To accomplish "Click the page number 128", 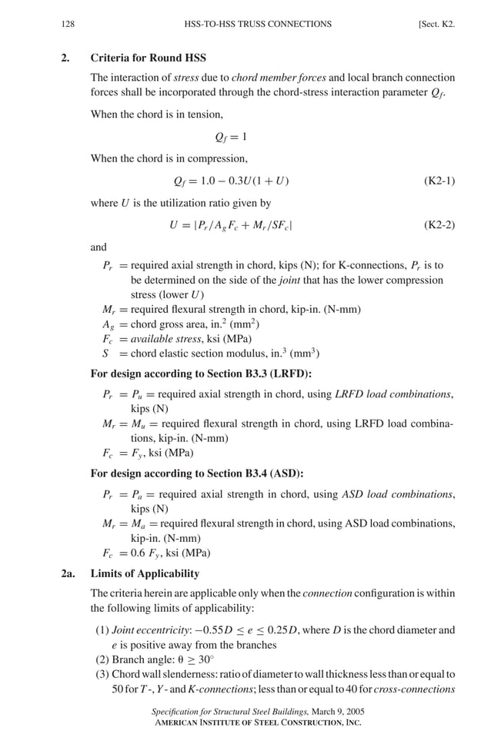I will tap(67, 24).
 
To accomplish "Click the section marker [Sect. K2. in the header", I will tap(436, 24).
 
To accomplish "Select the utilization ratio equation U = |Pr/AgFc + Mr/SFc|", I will tap(230, 225).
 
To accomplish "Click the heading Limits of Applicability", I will tap(145, 573).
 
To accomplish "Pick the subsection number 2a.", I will tap(68, 573).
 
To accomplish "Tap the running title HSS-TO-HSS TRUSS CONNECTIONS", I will tap(258, 24).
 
